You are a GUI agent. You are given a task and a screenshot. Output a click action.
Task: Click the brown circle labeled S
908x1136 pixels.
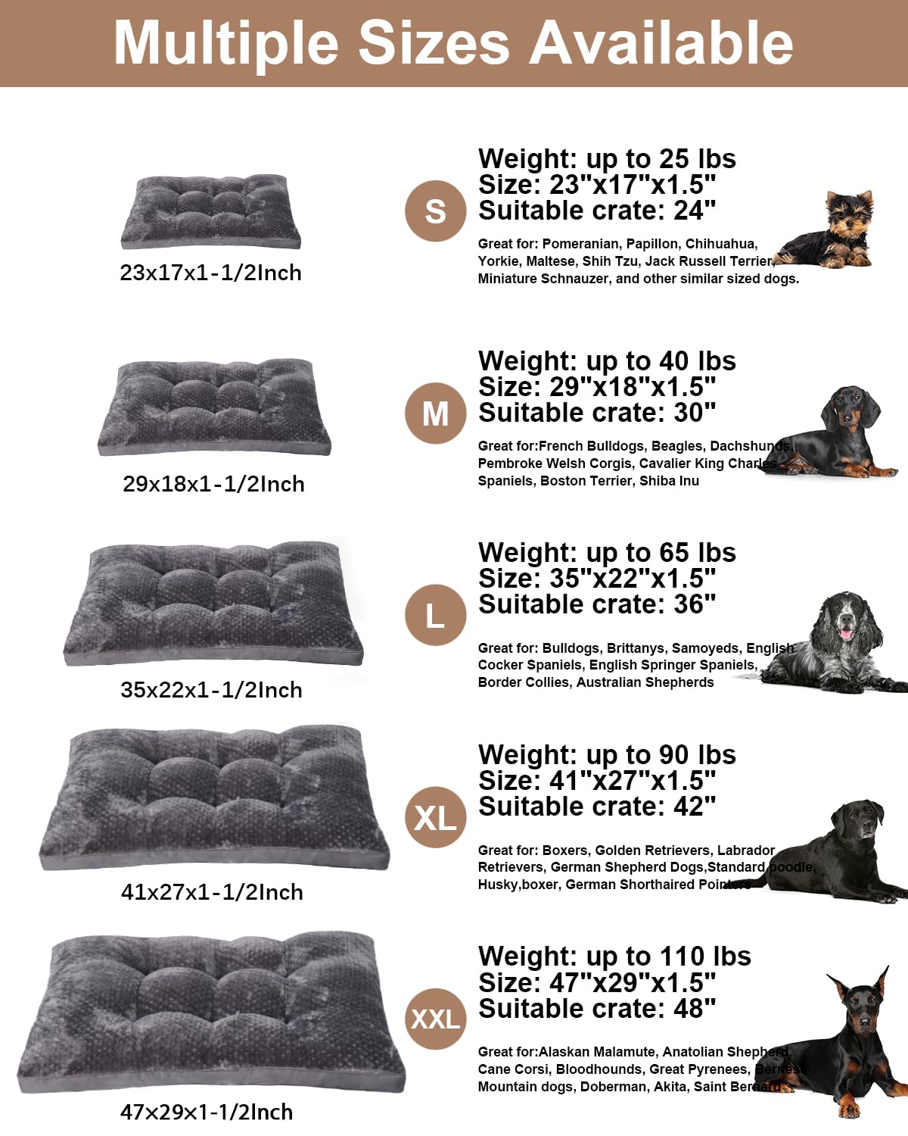435,211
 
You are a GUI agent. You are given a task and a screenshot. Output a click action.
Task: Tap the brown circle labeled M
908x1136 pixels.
435,414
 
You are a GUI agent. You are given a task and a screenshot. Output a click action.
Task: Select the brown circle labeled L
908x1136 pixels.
435,616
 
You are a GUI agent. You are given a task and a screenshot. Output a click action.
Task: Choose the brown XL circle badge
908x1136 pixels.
435,818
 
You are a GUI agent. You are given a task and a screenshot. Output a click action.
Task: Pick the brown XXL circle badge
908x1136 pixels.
435,1019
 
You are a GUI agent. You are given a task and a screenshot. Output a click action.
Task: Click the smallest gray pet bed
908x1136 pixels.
211,212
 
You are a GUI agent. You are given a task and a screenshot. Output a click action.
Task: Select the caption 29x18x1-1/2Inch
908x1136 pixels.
213,484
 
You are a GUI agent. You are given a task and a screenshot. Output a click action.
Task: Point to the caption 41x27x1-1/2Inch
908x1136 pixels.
212,892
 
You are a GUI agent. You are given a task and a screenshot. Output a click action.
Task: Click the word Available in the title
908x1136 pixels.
661,42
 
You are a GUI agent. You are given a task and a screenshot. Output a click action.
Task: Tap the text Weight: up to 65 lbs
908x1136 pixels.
607,553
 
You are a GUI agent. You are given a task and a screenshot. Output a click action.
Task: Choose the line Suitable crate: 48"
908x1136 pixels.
597,1009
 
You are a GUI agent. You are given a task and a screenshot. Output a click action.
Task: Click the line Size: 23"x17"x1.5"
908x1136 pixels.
597,185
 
